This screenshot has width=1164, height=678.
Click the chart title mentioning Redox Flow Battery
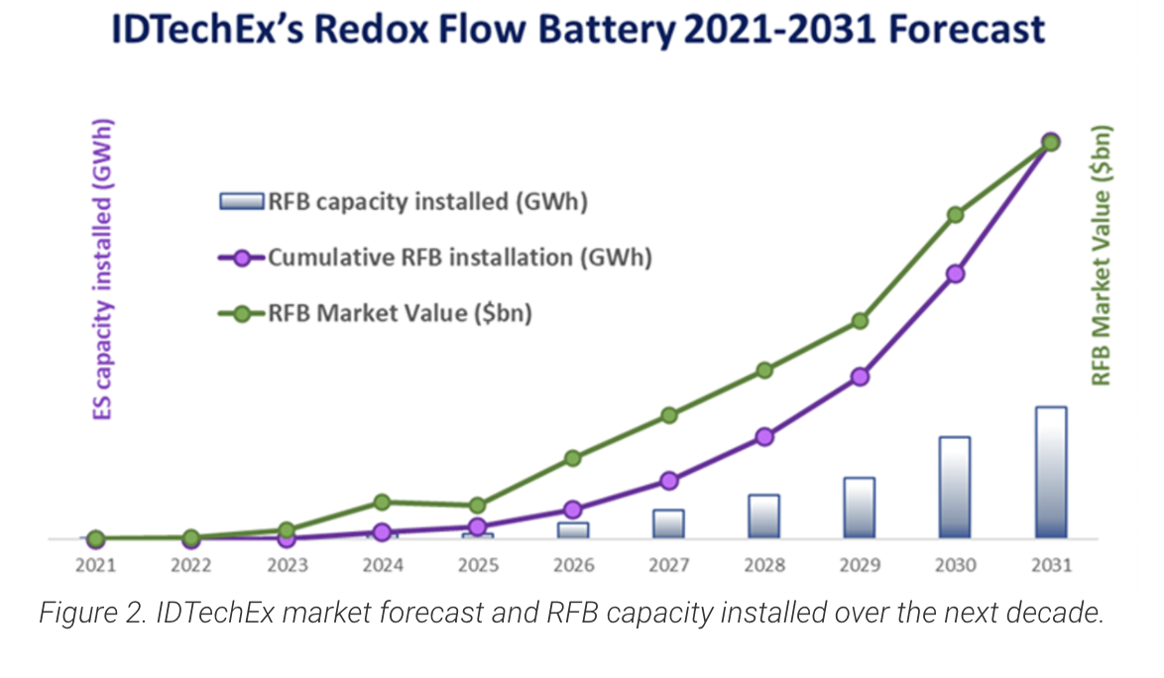click(x=581, y=30)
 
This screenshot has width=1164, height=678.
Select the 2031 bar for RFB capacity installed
click(x=1051, y=473)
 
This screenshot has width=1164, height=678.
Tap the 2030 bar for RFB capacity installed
click(x=955, y=488)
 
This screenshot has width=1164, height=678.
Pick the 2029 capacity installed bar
click(x=860, y=508)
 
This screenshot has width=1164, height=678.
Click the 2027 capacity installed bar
click(x=668, y=524)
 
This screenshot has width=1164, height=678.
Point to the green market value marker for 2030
click(x=956, y=215)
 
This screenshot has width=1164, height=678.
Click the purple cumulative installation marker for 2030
click(x=956, y=274)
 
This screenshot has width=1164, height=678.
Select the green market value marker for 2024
click(x=383, y=503)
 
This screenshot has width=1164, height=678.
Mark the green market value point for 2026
click(x=573, y=458)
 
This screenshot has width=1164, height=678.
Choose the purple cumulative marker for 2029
click(x=860, y=377)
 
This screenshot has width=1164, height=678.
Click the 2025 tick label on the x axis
click(x=478, y=567)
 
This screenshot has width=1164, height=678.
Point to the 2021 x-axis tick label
click(x=95, y=567)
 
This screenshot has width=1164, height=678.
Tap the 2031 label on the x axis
click(x=1051, y=567)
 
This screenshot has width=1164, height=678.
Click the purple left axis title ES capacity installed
click(x=103, y=270)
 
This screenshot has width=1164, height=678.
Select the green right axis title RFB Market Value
click(x=1101, y=256)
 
